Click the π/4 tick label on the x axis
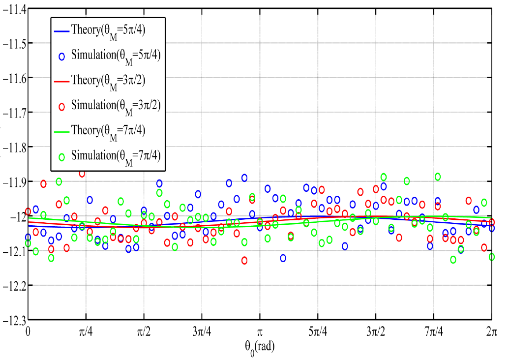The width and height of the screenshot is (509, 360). coord(86,332)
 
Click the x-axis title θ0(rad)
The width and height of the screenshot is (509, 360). coord(259,347)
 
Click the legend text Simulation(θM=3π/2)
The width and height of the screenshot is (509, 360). coord(116,106)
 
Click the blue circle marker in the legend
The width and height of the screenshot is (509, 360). coord(62,56)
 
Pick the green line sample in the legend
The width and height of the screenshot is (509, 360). coord(61,132)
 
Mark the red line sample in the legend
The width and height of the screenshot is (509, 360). coord(61,81)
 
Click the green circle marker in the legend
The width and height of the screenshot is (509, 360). coord(62,157)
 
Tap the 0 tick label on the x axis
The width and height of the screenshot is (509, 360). coord(28,332)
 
